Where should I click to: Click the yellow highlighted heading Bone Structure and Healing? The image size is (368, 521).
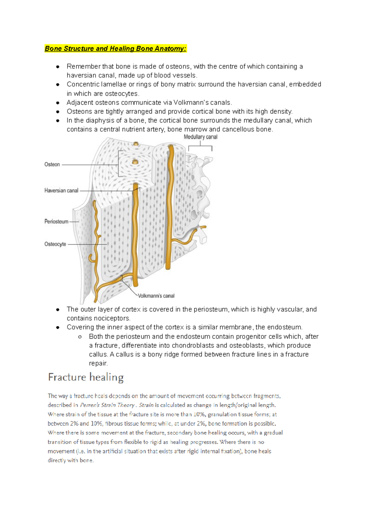point(115,48)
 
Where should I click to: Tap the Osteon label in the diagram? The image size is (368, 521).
point(52,164)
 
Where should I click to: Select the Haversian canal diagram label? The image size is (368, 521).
point(61,191)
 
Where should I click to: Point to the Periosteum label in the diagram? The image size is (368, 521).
point(56,222)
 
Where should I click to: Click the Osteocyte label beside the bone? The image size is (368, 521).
point(55,244)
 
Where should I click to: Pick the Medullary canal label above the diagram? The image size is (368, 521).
point(201,137)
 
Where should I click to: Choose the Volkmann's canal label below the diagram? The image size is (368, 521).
point(156,296)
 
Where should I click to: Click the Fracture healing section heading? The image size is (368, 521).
point(86,377)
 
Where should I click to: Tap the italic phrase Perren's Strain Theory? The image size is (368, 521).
point(107,405)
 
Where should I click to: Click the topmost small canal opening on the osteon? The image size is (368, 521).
point(136,144)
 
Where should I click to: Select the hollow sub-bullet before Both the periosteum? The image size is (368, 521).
point(80,337)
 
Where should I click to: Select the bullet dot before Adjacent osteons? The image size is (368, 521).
point(58,103)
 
